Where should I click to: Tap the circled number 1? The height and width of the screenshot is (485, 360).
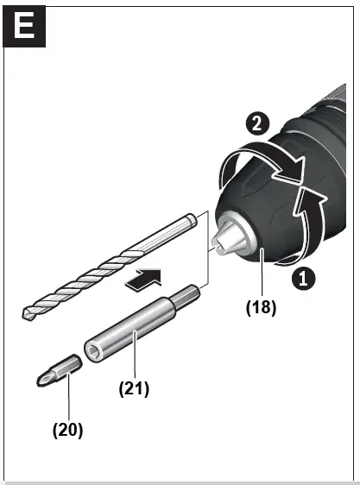[300, 278]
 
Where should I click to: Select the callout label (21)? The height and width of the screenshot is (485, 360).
[134, 388]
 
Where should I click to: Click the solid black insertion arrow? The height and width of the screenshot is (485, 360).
[142, 279]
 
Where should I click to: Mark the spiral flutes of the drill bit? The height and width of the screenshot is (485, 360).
[86, 276]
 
